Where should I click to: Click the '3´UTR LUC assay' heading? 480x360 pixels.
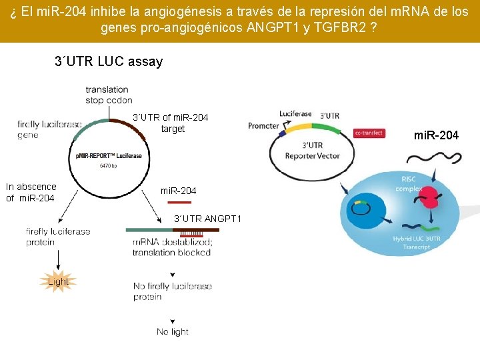pyautogui.click(x=109, y=62)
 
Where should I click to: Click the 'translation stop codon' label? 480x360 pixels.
pyautogui.click(x=107, y=95)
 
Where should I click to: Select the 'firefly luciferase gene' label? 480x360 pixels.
pyautogui.click(x=49, y=129)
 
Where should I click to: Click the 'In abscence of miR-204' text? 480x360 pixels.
pyautogui.click(x=31, y=192)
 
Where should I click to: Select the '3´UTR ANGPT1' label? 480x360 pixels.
pyautogui.click(x=207, y=219)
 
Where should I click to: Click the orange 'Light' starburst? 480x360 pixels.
pyautogui.click(x=58, y=281)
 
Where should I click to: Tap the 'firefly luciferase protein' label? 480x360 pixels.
pyautogui.click(x=58, y=237)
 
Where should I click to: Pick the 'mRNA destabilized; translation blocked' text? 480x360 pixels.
pyautogui.click(x=171, y=247)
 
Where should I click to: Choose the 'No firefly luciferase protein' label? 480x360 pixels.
pyautogui.click(x=172, y=291)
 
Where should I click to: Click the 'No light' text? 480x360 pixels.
pyautogui.click(x=172, y=331)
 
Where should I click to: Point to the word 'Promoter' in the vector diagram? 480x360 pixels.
pyautogui.click(x=263, y=126)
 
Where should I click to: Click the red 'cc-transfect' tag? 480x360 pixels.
pyautogui.click(x=368, y=133)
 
